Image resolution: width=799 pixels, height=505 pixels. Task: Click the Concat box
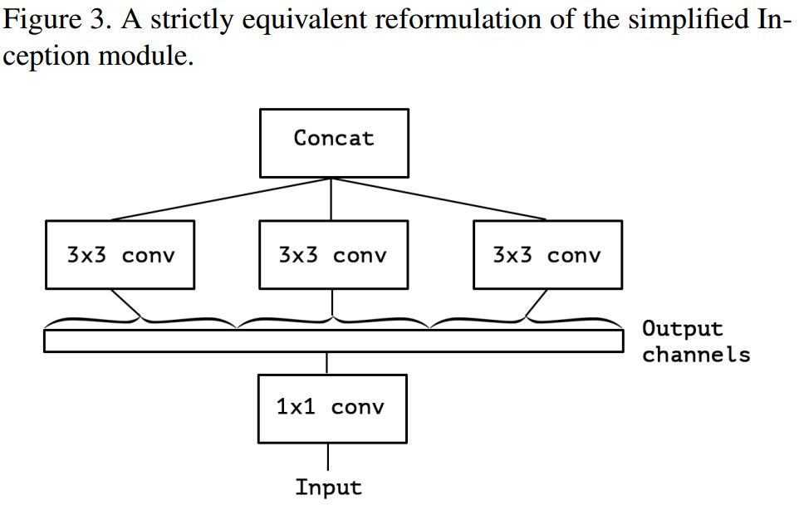(334, 142)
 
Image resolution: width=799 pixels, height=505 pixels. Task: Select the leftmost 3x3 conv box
(120, 254)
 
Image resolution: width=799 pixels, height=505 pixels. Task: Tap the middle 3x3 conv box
(333, 254)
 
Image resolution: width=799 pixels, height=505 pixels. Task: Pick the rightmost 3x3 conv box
(547, 254)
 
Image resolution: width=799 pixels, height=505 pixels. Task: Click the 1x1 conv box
(332, 408)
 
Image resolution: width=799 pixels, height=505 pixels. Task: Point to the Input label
(328, 488)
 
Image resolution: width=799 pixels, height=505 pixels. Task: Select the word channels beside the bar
(696, 355)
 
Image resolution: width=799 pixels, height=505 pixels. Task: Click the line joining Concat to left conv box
(220, 199)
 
